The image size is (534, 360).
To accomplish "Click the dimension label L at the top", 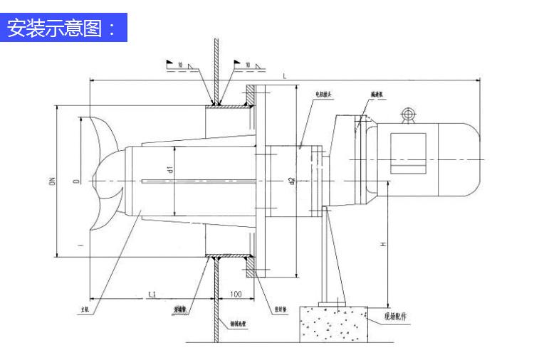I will click(285, 75).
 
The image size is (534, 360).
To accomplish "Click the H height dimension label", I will click(382, 244).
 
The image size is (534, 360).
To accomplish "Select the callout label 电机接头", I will click(324, 93).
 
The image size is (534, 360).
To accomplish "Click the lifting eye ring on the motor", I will click(408, 114).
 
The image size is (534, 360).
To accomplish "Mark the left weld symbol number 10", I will click(181, 65).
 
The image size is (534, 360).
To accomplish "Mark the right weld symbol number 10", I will click(247, 65).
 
